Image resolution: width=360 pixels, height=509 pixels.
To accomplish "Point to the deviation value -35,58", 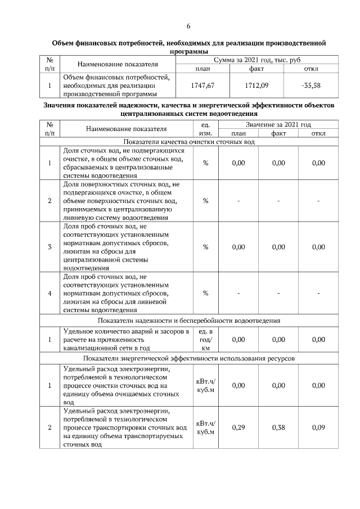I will tap(310, 85).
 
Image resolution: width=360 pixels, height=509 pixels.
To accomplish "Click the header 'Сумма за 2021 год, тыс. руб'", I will tap(256, 60).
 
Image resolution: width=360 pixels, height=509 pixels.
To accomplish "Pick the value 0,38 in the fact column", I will tap(278, 427).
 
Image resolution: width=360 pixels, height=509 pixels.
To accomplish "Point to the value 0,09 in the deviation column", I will tap(318, 427).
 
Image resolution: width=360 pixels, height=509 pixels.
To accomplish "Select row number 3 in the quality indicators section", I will tap(50, 247).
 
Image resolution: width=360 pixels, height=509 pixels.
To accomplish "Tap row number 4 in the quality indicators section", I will tap(50, 293).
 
